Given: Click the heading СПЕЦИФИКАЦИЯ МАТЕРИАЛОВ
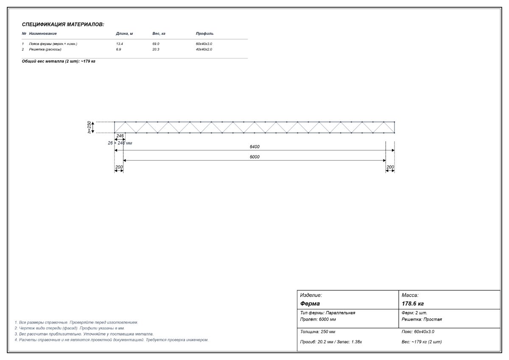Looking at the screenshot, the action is point(63,25).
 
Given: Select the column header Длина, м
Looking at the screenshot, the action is point(124,34).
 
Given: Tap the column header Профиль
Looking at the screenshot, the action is point(204,34).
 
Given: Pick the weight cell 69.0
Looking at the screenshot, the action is point(156,44).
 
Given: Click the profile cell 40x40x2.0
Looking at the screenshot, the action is point(204,49).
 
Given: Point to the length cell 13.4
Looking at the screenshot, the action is point(119,44).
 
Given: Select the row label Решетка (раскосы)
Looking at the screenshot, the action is point(45,49).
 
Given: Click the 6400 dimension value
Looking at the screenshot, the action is point(255,147).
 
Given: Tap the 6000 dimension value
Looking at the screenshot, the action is point(255,157).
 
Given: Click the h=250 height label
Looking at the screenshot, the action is point(89,127).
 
